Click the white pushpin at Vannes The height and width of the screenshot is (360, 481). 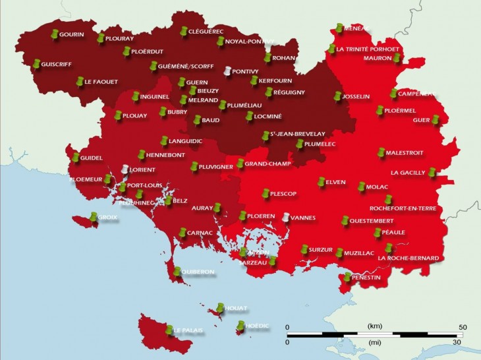(285, 217)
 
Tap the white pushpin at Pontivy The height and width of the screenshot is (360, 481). (227, 71)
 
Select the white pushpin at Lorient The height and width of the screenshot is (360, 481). (124, 169)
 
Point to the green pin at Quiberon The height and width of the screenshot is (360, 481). (177, 270)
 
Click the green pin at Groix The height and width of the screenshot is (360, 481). (93, 216)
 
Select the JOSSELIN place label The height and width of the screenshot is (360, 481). (356, 96)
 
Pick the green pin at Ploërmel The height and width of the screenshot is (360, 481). (380, 110)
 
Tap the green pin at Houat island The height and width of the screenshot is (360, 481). (221, 307)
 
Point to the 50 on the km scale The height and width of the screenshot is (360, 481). (463, 327)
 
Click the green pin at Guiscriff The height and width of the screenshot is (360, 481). (36, 64)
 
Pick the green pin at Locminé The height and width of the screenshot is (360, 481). (249, 116)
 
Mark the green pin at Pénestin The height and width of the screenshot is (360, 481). (347, 277)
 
